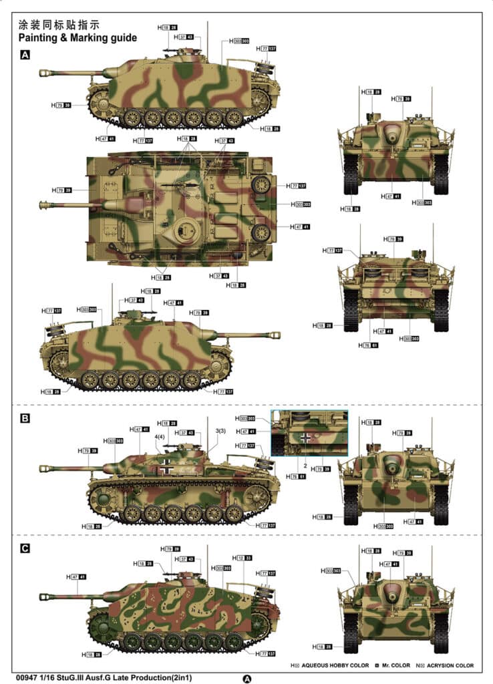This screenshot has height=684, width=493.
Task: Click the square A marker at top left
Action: (25, 56)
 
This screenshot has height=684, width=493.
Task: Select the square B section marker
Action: (25, 419)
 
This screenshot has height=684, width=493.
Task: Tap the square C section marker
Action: (25, 548)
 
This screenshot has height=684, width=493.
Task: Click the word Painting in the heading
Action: (41, 37)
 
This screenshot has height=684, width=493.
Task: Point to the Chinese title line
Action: (60, 24)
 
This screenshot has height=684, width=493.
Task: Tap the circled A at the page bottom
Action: (247, 678)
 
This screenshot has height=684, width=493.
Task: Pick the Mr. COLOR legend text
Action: (395, 665)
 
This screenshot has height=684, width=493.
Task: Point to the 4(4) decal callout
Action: (160, 437)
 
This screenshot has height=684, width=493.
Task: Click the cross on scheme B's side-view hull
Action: (165, 468)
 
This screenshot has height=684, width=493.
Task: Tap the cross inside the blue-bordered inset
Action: (306, 438)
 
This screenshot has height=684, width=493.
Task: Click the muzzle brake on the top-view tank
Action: (45, 204)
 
